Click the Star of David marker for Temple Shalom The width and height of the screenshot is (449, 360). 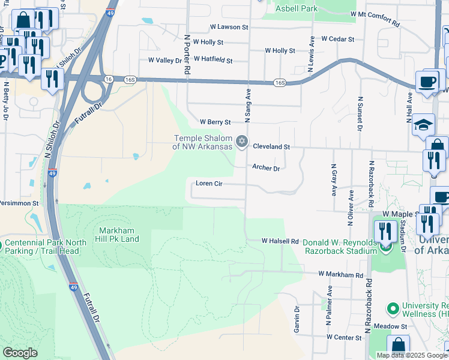[x=242, y=142]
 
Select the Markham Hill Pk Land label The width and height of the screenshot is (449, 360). [x=119, y=235]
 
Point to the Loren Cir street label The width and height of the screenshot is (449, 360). [x=209, y=183]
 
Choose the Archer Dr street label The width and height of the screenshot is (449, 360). [x=266, y=169]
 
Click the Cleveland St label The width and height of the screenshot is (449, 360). [x=271, y=146]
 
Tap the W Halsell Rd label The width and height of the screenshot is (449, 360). [x=280, y=241]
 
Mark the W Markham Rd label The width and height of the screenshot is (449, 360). [x=341, y=274]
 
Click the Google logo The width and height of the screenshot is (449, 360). [x=20, y=353]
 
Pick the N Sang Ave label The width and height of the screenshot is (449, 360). [x=246, y=101]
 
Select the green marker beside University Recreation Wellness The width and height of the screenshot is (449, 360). [x=393, y=309]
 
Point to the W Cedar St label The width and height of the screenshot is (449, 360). [x=337, y=39]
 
